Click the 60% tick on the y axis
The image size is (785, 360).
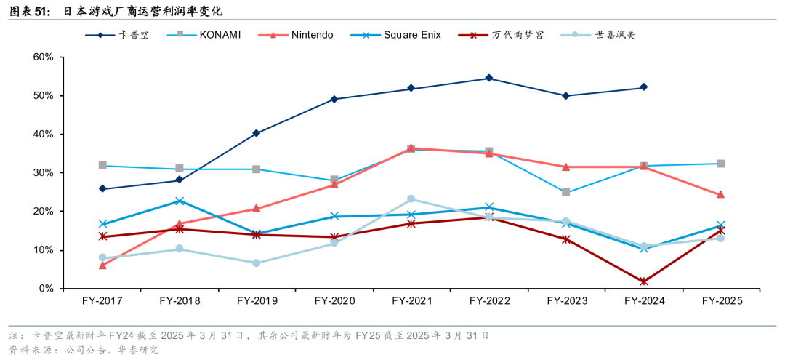tap(43, 57)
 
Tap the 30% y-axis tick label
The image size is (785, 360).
tap(43, 173)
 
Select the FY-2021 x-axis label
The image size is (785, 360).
tap(411, 300)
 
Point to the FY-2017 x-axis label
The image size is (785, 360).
tap(102, 300)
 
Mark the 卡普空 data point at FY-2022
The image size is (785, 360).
tap(488, 78)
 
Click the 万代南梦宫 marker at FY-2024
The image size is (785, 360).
tap(643, 281)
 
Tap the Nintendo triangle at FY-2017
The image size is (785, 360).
tap(102, 265)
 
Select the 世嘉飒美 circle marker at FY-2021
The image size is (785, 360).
tap(411, 199)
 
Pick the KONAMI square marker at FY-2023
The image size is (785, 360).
tap(565, 192)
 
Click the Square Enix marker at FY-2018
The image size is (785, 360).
tap(180, 201)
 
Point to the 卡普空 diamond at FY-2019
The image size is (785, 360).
tap(257, 133)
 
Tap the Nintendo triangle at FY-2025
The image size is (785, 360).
tap(720, 195)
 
